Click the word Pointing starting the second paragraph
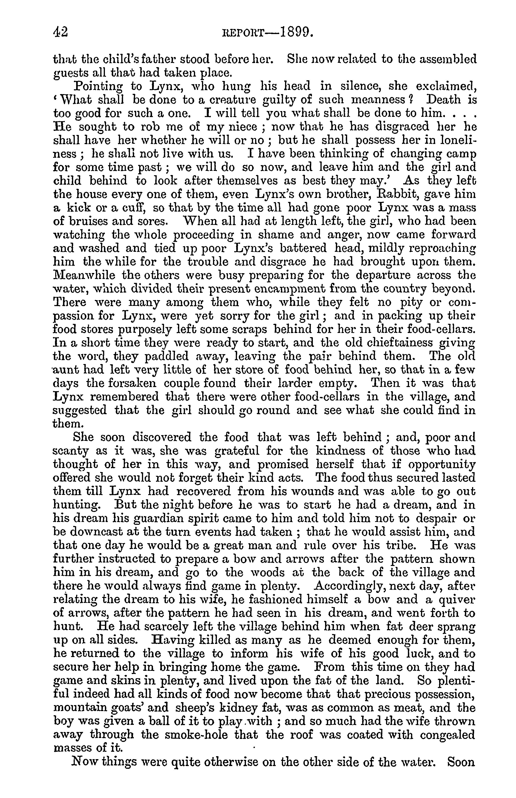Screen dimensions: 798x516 tap(97, 86)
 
